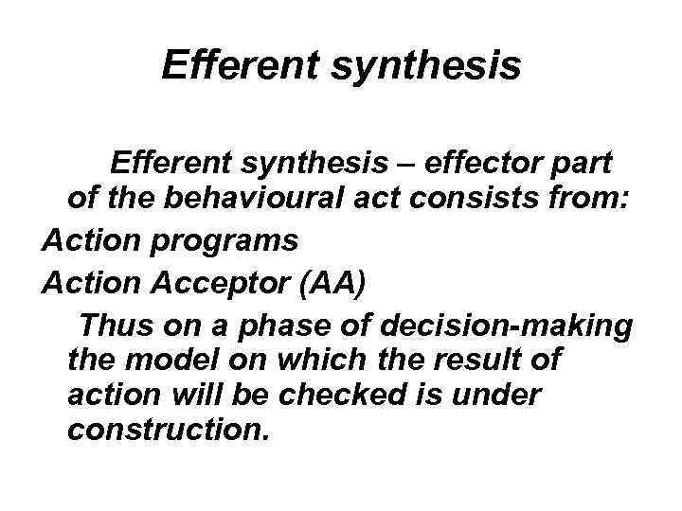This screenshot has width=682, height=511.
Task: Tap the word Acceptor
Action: tap(222, 282)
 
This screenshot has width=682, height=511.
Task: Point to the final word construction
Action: tap(169, 430)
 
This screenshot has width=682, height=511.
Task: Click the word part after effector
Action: tap(592, 163)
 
